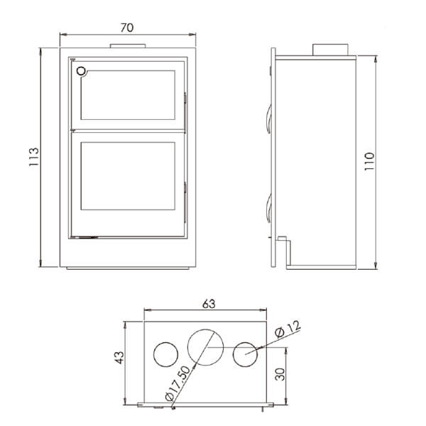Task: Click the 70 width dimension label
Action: tap(126, 28)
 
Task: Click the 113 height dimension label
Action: tap(33, 157)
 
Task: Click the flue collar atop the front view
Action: tap(126, 47)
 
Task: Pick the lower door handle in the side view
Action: tap(269, 206)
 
